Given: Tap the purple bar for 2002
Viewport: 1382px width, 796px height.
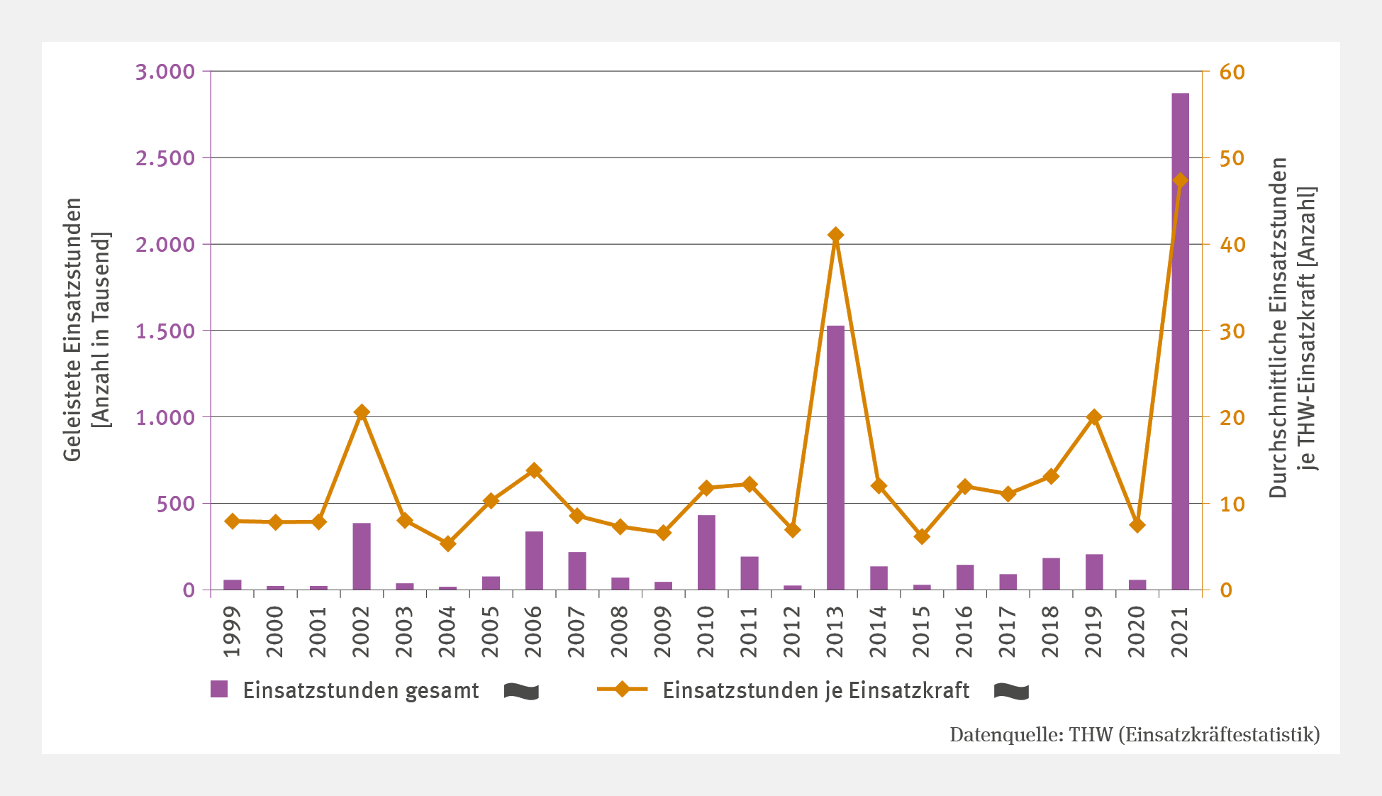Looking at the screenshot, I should click(x=362, y=556).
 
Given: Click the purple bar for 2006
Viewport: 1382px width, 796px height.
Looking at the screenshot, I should click(x=534, y=560).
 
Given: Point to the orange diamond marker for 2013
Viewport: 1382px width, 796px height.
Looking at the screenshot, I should click(x=835, y=235).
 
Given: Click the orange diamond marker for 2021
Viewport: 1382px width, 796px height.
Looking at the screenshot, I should click(x=1180, y=180).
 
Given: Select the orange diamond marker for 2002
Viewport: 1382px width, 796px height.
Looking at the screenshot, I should click(x=362, y=412).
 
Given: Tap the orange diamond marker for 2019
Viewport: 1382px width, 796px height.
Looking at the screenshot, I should click(x=1094, y=417).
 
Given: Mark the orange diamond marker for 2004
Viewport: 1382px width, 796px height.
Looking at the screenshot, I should click(x=447, y=543).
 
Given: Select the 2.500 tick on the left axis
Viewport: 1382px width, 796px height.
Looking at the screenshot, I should click(x=165, y=158).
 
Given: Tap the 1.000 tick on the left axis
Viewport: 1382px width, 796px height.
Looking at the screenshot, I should click(x=165, y=417).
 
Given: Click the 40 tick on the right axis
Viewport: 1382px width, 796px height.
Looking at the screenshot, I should click(x=1232, y=245).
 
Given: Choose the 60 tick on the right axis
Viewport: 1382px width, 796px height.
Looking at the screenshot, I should click(x=1232, y=72).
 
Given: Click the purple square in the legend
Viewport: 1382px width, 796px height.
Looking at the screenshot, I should click(x=219, y=689).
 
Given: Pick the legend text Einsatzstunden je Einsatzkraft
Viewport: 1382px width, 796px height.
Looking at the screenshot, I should click(x=815, y=690).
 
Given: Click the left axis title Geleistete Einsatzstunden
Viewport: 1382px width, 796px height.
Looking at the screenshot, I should click(x=72, y=330).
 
